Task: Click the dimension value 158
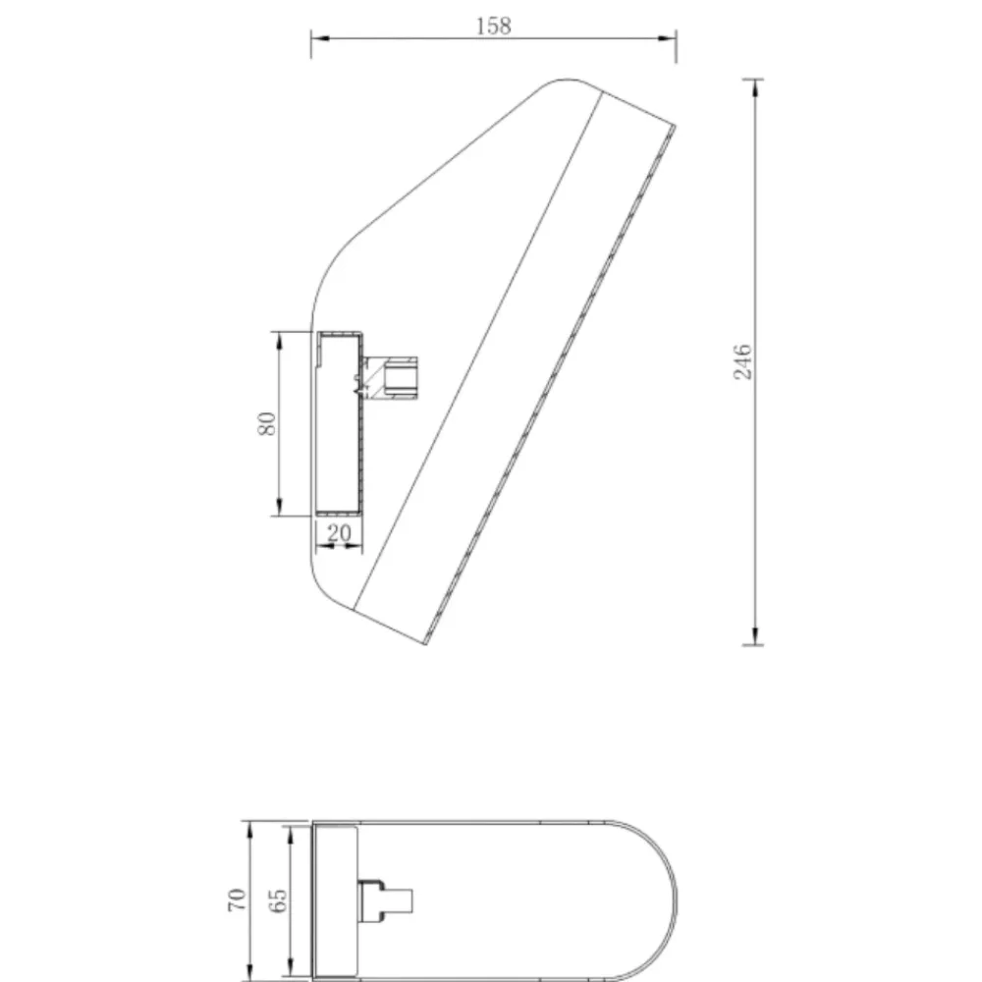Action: click(494, 27)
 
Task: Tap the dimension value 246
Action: click(742, 361)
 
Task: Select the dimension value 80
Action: click(267, 424)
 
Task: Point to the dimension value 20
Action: click(339, 533)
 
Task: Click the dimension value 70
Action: click(237, 900)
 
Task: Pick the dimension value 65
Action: click(277, 900)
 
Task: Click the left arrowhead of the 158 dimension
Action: click(320, 38)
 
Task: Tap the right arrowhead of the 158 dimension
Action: click(667, 38)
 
